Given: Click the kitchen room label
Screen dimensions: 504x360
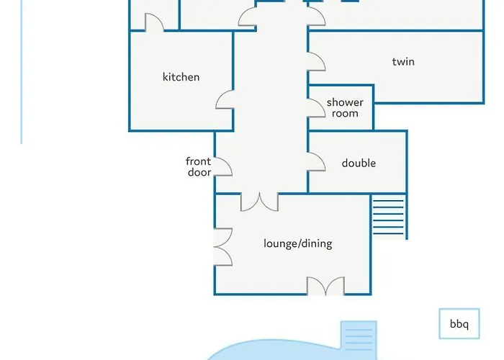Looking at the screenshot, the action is pyautogui.click(x=181, y=77).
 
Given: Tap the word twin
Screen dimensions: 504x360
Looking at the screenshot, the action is pyautogui.click(x=403, y=61).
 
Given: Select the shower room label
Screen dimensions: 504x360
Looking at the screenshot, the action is pyautogui.click(x=345, y=108).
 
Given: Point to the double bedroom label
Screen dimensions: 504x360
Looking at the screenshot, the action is pyautogui.click(x=359, y=163).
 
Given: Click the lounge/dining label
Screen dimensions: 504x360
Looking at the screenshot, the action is pyautogui.click(x=298, y=243).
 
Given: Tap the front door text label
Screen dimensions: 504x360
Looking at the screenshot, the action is pyautogui.click(x=199, y=166).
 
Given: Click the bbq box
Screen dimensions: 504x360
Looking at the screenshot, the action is pyautogui.click(x=459, y=324).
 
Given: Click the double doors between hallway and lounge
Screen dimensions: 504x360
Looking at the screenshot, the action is pyautogui.click(x=259, y=202).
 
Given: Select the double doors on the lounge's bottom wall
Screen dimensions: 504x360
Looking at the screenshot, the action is pyautogui.click(x=325, y=286).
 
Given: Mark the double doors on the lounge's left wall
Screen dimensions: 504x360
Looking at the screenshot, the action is pyautogui.click(x=223, y=247).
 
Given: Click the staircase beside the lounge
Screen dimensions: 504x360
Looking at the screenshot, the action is pyautogui.click(x=388, y=217).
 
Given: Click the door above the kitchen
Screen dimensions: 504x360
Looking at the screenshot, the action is pyautogui.click(x=154, y=22).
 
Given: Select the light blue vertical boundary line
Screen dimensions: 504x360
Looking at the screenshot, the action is pyautogui.click(x=22, y=72).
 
